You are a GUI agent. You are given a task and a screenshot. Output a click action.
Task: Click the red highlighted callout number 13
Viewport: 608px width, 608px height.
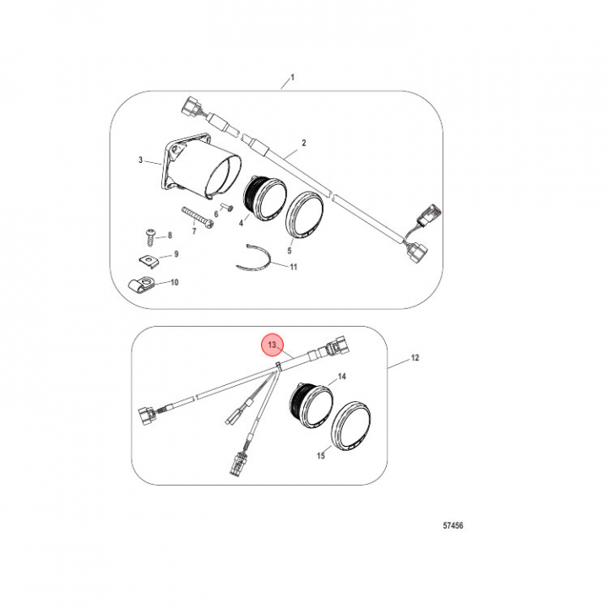point(272,345)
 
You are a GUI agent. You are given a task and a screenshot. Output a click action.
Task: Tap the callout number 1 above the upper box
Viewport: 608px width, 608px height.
point(292,77)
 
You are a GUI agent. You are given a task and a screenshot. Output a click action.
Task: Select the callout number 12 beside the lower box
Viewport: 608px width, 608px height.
point(415,357)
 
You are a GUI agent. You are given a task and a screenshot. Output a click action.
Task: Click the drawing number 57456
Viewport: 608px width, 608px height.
point(453,526)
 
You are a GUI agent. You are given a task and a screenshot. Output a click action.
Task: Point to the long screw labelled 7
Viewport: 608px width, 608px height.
point(198,217)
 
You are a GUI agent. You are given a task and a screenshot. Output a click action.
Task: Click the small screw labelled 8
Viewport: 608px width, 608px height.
point(150,237)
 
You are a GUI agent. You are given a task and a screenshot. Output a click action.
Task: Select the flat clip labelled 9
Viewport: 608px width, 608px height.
point(149,261)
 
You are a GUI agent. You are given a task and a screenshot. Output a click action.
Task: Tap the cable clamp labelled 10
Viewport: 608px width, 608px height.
point(141,284)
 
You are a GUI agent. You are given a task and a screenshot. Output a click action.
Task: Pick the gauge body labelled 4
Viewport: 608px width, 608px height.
point(264,198)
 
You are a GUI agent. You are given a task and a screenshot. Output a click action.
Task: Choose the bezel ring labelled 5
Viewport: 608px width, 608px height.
point(304,214)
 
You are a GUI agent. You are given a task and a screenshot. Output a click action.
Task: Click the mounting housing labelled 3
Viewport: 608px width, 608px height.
point(200,166)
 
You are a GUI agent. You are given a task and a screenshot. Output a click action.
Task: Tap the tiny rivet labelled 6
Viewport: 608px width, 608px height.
point(227,207)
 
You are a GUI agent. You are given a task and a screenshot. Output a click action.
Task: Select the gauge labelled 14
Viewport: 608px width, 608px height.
point(312,405)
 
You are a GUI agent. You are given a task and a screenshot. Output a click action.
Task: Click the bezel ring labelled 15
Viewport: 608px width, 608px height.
point(351,426)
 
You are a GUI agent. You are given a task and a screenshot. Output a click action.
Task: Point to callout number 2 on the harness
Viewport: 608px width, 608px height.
point(304,143)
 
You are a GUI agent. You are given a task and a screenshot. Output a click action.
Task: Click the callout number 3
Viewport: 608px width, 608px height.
point(140,160)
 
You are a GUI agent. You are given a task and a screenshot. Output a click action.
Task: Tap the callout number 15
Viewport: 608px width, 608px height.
point(321,456)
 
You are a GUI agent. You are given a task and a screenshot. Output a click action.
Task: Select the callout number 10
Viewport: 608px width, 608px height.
point(175,282)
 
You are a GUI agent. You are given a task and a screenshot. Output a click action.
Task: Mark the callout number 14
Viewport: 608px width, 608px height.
point(342,376)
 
